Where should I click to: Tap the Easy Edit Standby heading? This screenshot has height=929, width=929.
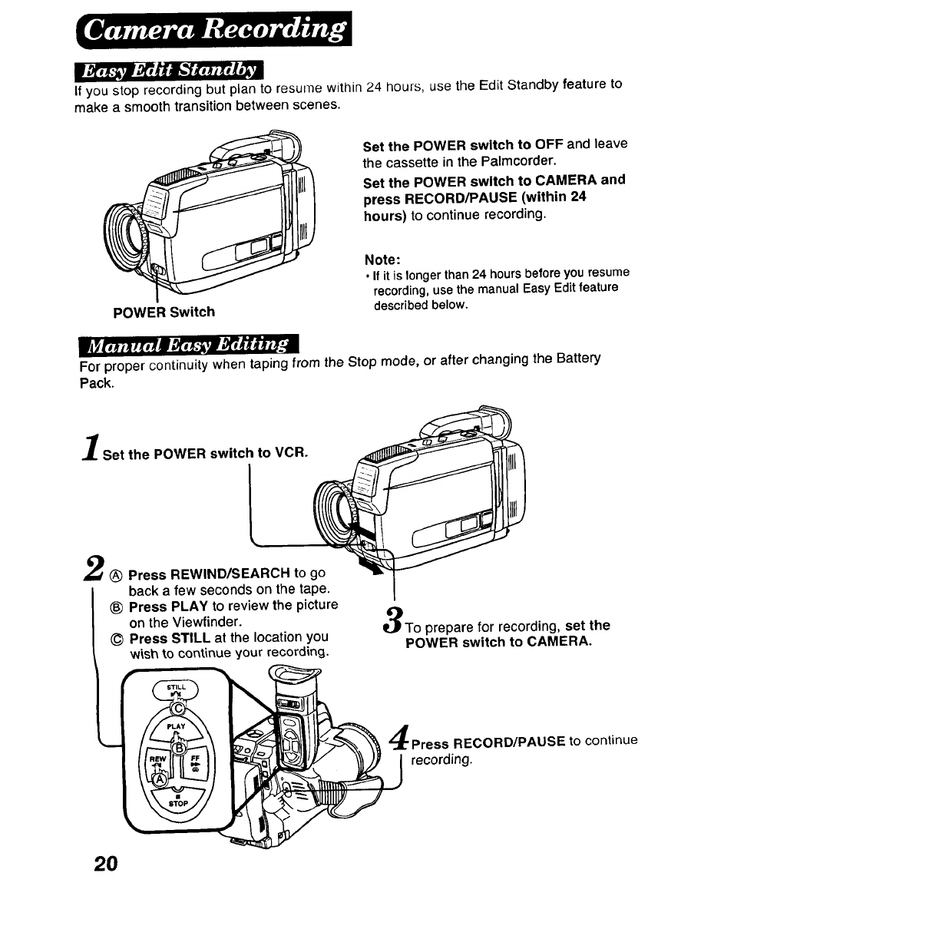tap(168, 70)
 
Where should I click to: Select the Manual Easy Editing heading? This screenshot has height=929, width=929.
tap(189, 345)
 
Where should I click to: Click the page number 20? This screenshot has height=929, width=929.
tap(106, 863)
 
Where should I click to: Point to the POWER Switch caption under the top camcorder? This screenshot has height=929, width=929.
tap(164, 312)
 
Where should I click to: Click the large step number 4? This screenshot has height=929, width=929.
tap(399, 739)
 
